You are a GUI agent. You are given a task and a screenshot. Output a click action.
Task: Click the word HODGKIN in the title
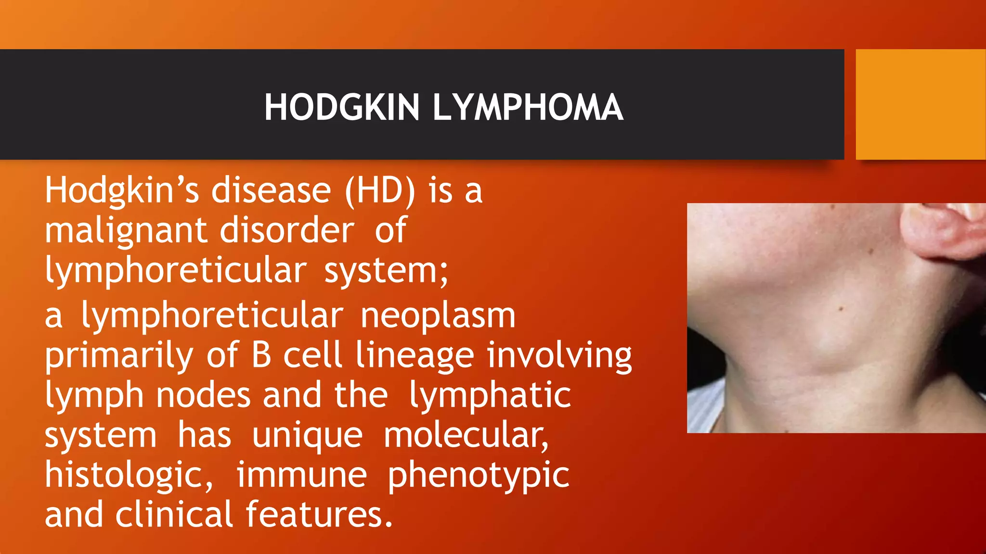pyautogui.click(x=342, y=107)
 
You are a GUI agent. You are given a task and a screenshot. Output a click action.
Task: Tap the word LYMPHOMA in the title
pyautogui.click(x=528, y=107)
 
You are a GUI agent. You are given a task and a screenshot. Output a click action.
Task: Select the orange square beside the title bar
pyautogui.click(x=921, y=104)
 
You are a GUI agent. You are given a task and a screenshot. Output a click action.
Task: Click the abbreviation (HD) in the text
pyautogui.click(x=380, y=190)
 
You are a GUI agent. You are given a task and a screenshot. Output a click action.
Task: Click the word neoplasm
pyautogui.click(x=438, y=316)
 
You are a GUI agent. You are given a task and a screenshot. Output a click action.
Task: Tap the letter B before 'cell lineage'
pyautogui.click(x=261, y=355)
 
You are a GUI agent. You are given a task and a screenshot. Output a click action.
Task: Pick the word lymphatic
pyautogui.click(x=490, y=396)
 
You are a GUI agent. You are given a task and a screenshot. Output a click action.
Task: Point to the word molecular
pyautogui.click(x=466, y=436)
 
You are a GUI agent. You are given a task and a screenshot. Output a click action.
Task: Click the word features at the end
pyautogui.click(x=319, y=515)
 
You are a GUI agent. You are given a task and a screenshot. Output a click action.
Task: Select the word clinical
pyautogui.click(x=174, y=515)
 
